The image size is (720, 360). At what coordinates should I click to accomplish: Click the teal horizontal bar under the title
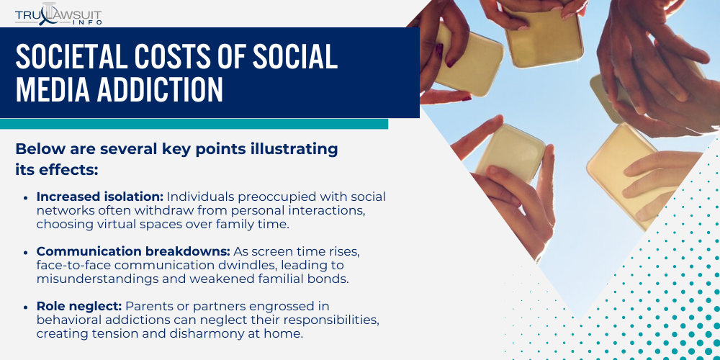tap(194, 124)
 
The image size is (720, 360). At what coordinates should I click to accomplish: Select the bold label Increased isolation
tap(100, 197)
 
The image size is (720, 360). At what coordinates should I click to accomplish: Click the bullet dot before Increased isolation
tap(26, 197)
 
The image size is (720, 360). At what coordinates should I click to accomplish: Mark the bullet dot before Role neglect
tap(26, 307)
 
